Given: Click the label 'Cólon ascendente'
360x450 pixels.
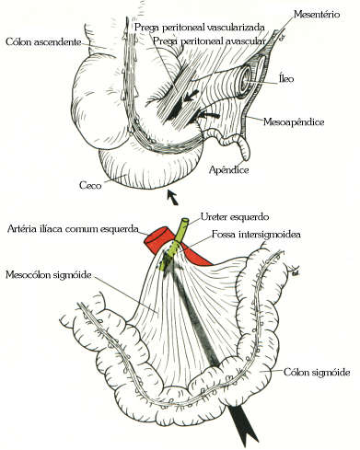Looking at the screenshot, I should tap(42, 41).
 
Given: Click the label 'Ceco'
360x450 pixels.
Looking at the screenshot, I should tap(89, 186).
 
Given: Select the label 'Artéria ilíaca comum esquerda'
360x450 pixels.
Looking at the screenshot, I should tap(72, 228).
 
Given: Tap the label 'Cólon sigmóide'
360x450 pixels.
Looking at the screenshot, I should tap(316, 372).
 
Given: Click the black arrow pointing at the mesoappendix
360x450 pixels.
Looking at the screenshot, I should tap(211, 114).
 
